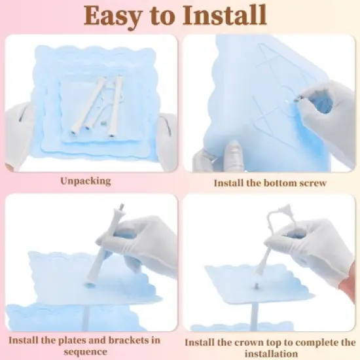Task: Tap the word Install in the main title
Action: pyautogui.click(x=225, y=14)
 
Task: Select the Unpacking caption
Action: pyautogui.click(x=86, y=181)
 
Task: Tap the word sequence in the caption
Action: pyautogui.click(x=85, y=351)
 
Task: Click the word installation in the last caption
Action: pyautogui.click(x=271, y=353)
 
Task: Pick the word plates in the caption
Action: pyautogui.click(x=72, y=340)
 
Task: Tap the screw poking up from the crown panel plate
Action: pyautogui.click(x=255, y=286)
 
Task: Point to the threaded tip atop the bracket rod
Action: pyautogui.click(x=122, y=206)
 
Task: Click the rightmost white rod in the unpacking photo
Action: pyautogui.click(x=115, y=106)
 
